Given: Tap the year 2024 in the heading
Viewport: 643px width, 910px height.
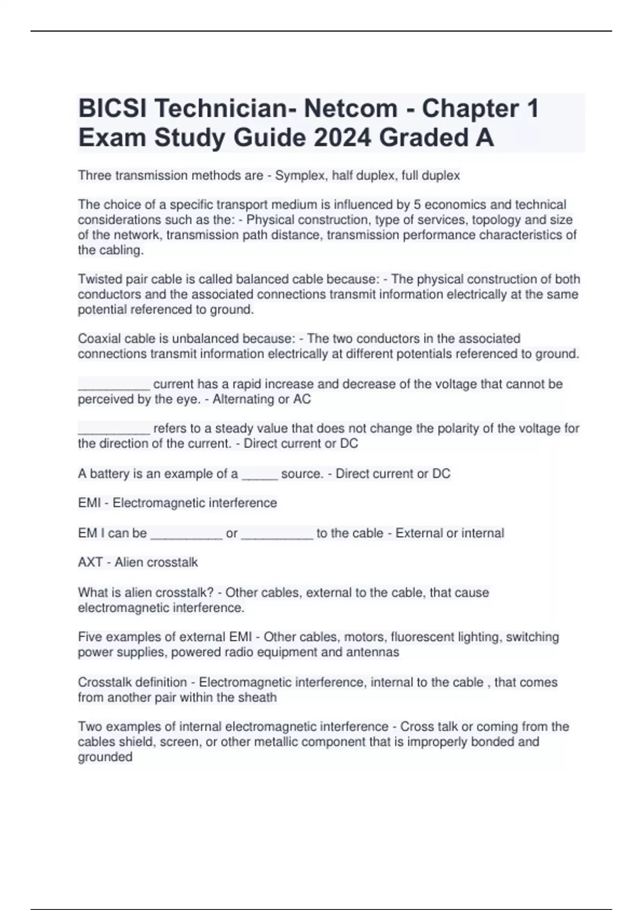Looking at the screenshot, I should (342, 138).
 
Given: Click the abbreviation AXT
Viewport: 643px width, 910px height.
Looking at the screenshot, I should (90, 563).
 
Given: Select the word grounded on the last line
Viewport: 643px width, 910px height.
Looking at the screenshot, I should (105, 757).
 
